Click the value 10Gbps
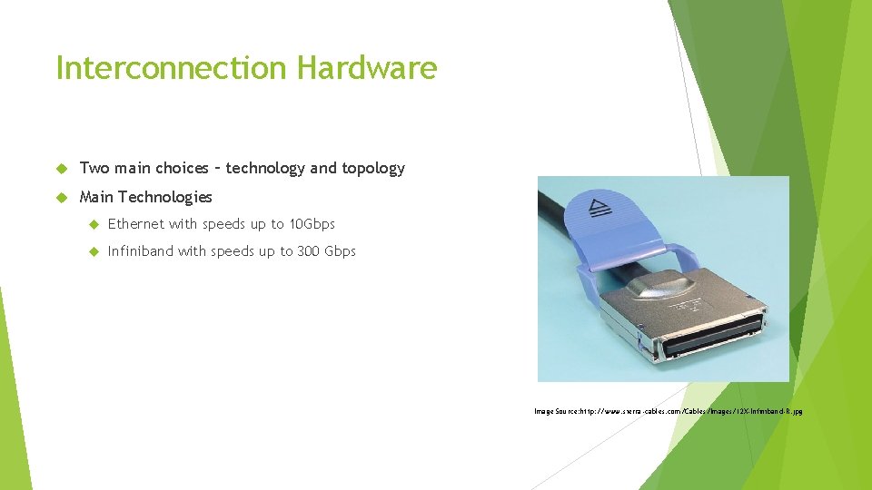[x=312, y=224]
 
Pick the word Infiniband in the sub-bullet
[x=140, y=251]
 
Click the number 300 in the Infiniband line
[x=308, y=251]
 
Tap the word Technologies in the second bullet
[x=164, y=197]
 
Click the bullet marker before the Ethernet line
[x=92, y=225]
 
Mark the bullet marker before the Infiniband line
[x=92, y=252]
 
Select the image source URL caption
[x=668, y=411]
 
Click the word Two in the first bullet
[x=94, y=168]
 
